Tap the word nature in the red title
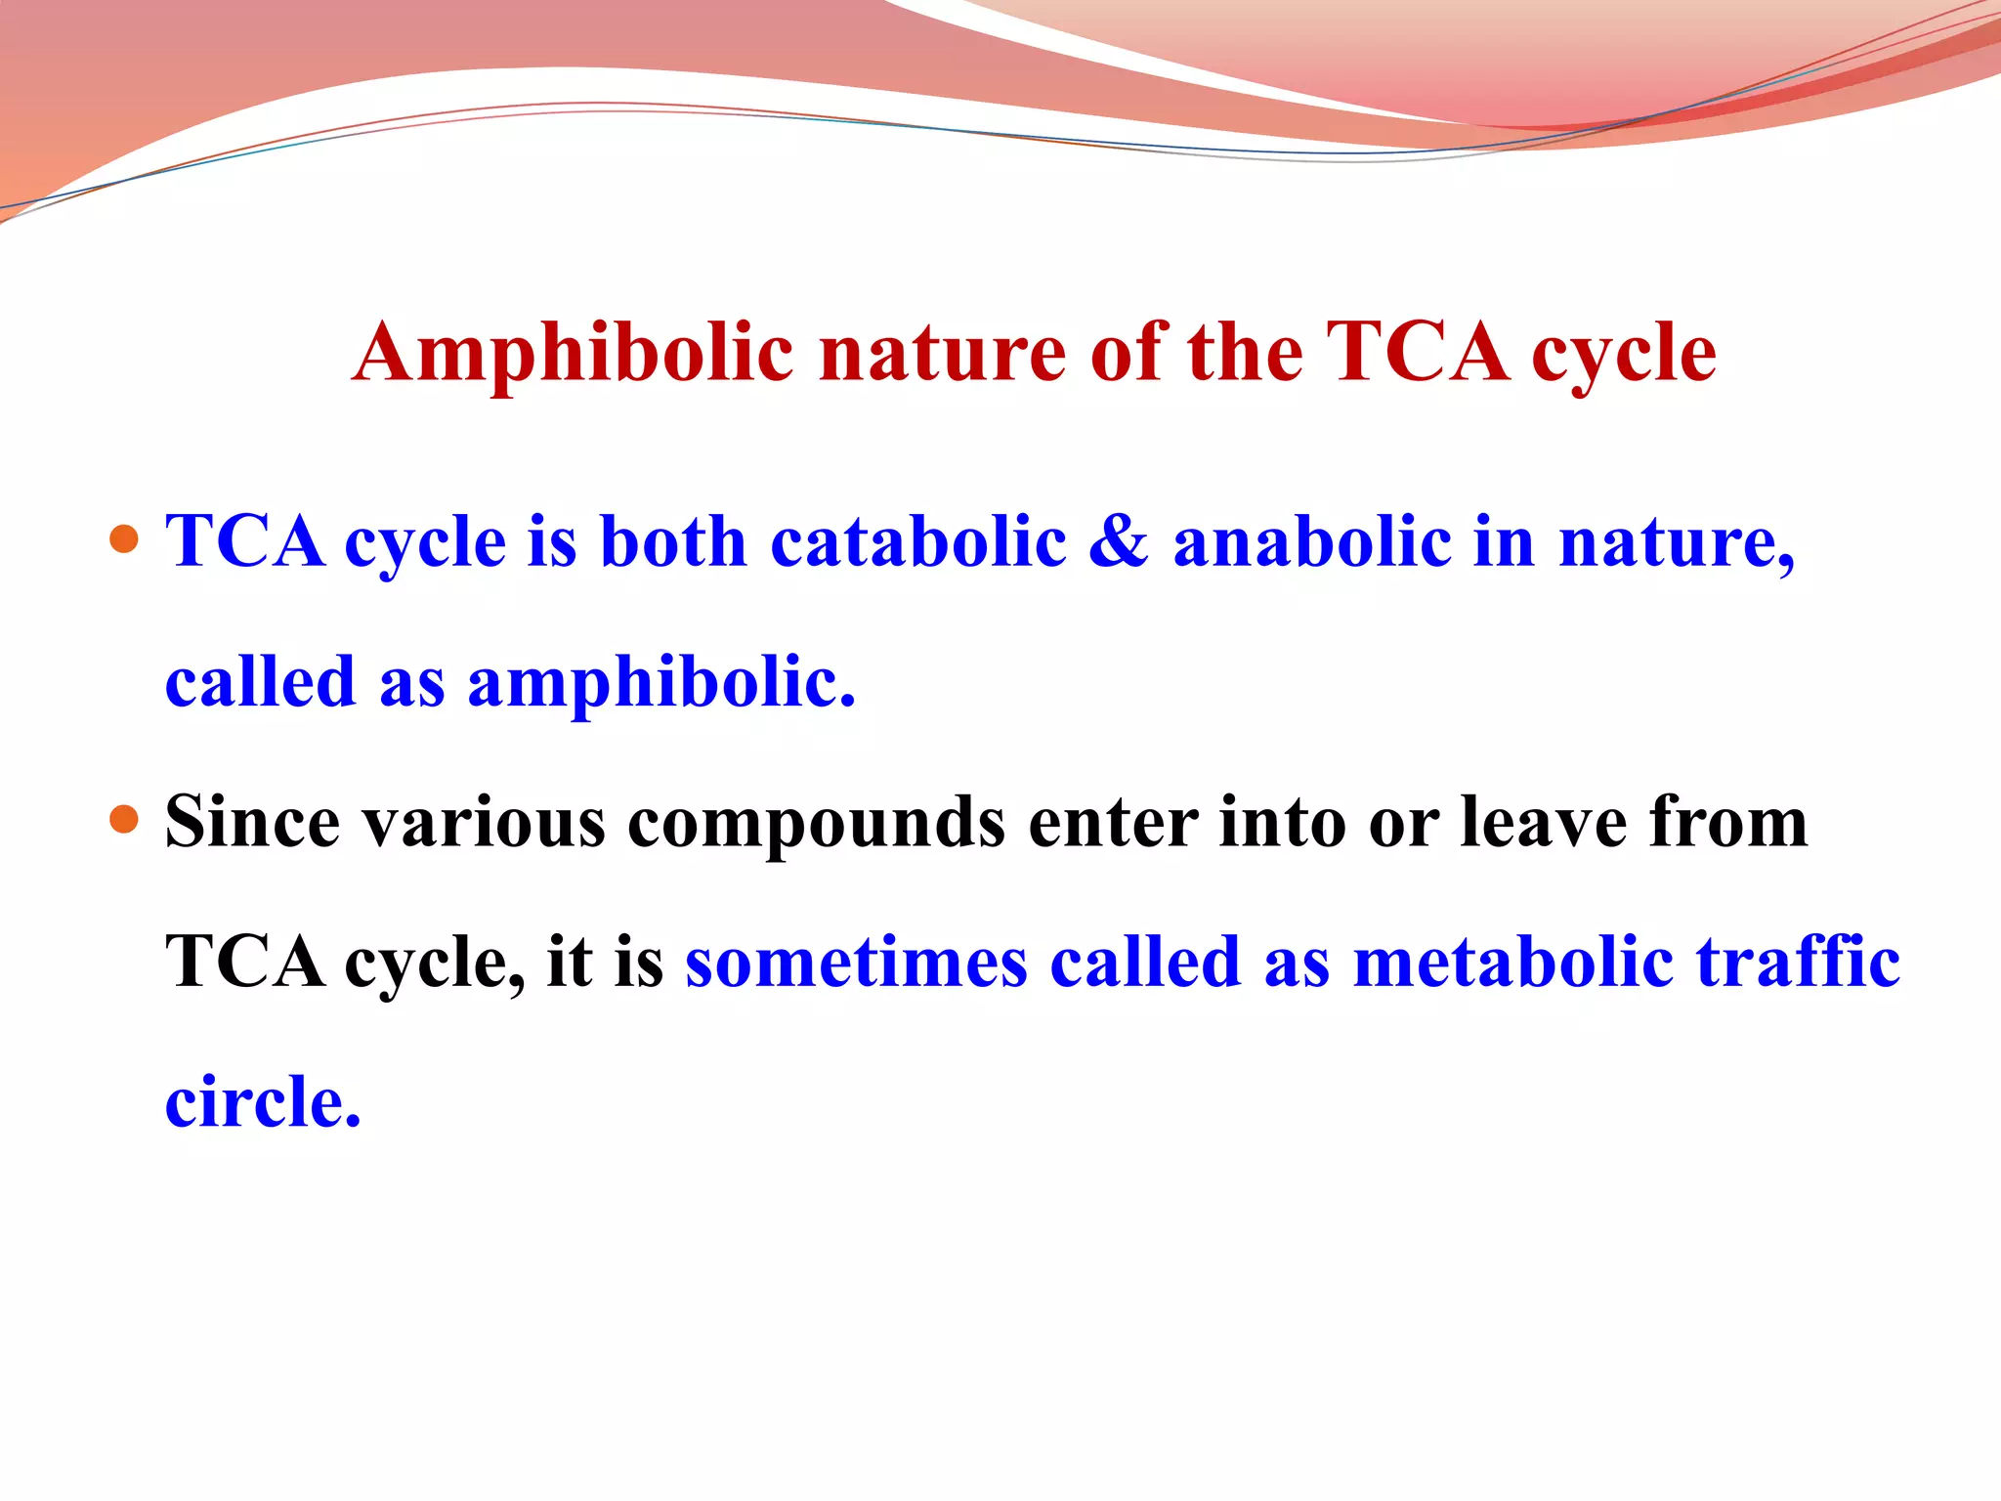(x=942, y=354)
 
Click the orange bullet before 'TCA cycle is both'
(x=124, y=539)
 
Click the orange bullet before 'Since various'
(x=124, y=819)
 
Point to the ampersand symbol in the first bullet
(x=1118, y=541)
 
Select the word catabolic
(x=917, y=541)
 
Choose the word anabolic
(x=1312, y=541)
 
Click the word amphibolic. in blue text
(x=661, y=683)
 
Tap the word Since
(x=252, y=822)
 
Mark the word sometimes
(x=856, y=963)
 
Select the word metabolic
(x=1513, y=963)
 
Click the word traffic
(x=1798, y=963)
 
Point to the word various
(x=484, y=822)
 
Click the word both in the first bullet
(x=673, y=541)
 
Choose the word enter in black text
(x=1113, y=822)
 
